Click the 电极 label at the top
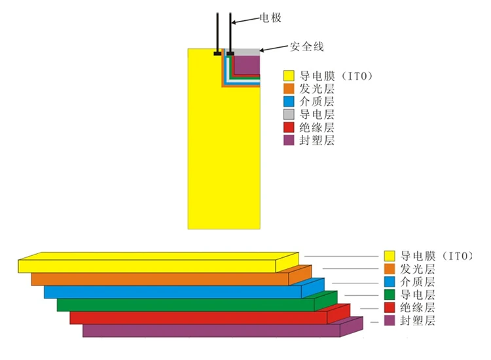coord(270,18)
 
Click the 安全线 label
coord(306,46)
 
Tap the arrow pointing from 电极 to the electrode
coord(246,20)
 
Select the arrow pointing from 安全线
coord(274,48)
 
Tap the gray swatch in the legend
coord(289,115)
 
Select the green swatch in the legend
coord(390,295)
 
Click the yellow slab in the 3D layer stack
coord(158,262)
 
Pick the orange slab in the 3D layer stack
coord(172,276)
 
